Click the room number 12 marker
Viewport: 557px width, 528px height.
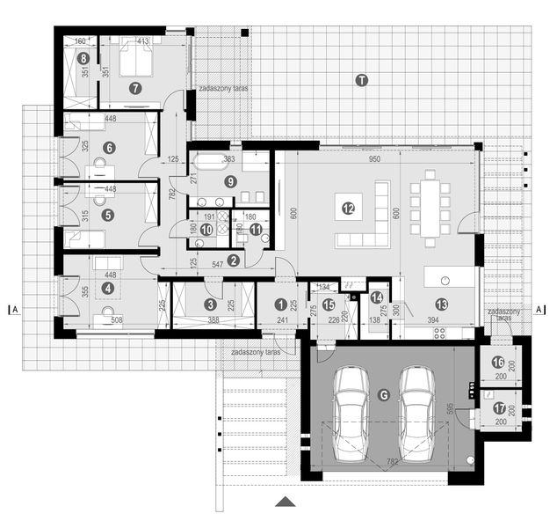(348, 209)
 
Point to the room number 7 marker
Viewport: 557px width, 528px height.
(134, 87)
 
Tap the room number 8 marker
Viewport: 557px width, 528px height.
(83, 59)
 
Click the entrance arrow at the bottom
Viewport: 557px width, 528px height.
(283, 502)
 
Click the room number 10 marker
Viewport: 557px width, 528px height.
(206, 229)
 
